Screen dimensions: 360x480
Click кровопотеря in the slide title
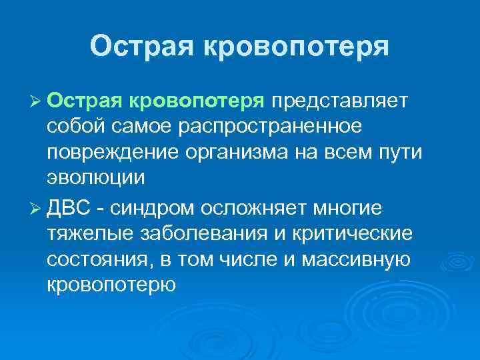pyautogui.click(x=296, y=47)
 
